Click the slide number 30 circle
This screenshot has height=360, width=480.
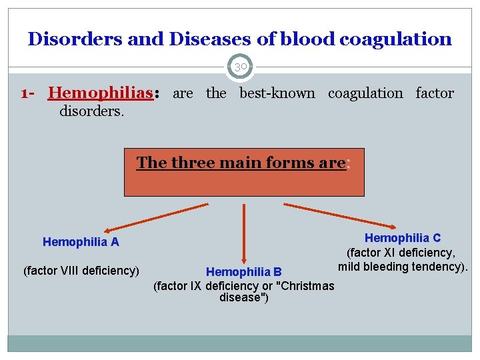click(240, 67)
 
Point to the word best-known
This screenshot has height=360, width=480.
click(277, 93)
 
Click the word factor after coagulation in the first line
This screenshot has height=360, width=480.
click(435, 93)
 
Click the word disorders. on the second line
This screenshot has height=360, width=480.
click(92, 110)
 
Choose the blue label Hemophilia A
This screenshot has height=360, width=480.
click(81, 242)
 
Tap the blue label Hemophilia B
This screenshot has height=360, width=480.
click(244, 272)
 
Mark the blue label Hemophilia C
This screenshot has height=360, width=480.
click(403, 238)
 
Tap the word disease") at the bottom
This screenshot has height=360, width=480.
click(244, 297)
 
